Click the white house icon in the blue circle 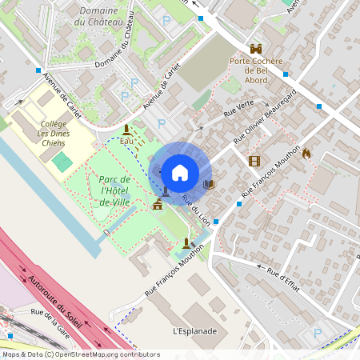coord(180,172)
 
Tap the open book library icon coord(209,185)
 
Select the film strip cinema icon coord(254,162)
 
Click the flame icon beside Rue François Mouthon coord(306,153)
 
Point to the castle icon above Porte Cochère coord(257,49)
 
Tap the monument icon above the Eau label coord(126,130)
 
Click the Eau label coord(126,141)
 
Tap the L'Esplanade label coord(194,330)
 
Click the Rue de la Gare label coord(49,322)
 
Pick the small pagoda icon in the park coord(157,204)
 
